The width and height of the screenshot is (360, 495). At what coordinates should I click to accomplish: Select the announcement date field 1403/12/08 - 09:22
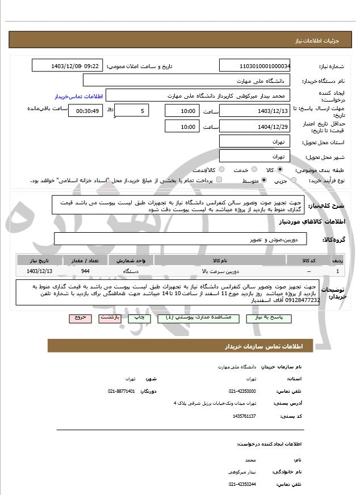(x=68, y=66)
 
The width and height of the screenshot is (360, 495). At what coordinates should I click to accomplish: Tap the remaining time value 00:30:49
(x=85, y=111)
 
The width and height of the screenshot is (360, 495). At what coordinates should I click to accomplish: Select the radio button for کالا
(x=280, y=170)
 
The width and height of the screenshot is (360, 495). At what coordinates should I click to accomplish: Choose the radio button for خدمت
(x=253, y=170)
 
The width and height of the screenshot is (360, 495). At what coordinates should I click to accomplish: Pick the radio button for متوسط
(x=265, y=180)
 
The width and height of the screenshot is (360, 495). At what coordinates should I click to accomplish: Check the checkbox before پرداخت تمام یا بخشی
(x=220, y=180)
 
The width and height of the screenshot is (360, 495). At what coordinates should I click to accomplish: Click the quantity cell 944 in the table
(x=85, y=271)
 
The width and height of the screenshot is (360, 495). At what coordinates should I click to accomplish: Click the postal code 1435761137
(x=244, y=416)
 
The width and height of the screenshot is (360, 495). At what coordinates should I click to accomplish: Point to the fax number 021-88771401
(x=122, y=391)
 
